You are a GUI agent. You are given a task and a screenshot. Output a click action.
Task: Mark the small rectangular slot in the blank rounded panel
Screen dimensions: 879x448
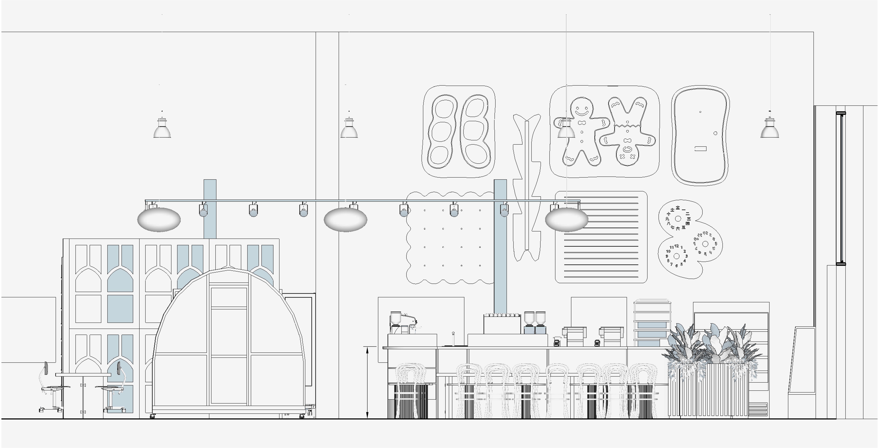click(x=700, y=149)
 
